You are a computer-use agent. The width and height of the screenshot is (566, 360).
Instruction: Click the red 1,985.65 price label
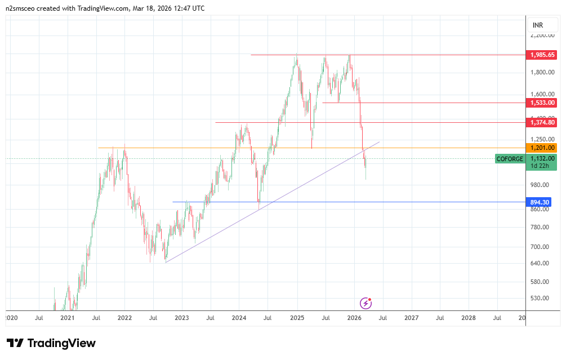542,55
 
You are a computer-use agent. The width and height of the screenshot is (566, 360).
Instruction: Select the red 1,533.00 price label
542,103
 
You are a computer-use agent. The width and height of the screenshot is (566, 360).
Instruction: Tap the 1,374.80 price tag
542,122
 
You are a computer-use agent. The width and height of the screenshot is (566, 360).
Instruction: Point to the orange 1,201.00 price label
542,148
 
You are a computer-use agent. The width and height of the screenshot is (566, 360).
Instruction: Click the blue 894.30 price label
540,202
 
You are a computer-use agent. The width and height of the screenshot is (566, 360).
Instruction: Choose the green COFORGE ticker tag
510,159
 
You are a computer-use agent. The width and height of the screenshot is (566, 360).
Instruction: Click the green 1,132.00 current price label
542,159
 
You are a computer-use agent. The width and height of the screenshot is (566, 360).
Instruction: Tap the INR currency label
537,25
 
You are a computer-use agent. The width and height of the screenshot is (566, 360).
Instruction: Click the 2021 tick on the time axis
67,318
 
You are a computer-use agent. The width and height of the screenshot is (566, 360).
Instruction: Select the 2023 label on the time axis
181,318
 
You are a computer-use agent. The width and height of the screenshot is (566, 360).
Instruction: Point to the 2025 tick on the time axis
297,318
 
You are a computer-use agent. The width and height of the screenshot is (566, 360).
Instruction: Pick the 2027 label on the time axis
411,318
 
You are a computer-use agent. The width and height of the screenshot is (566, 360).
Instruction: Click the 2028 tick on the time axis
468,318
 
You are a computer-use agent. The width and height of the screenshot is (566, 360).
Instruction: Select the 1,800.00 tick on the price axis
542,72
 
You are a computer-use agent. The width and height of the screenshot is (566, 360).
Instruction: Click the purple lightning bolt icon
366,304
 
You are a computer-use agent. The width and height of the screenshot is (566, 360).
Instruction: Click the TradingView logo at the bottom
51,343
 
